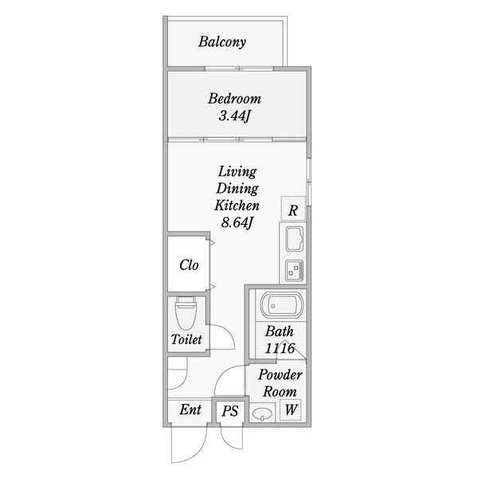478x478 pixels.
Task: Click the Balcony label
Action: coord(222,42)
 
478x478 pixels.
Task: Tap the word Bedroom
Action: coord(234,99)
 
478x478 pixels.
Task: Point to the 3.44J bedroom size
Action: coord(234,116)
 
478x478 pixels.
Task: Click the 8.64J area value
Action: coord(237,223)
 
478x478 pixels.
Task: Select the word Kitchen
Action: coord(237,206)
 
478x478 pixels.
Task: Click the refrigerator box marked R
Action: coord(293,209)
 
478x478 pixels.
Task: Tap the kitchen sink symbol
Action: coord(295,239)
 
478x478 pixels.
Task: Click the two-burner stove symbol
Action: coord(295,270)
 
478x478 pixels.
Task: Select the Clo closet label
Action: coord(189,265)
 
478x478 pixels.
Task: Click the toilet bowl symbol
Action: coord(186,312)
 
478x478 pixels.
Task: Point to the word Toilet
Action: coord(186,339)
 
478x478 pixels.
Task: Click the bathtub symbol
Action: coord(282,306)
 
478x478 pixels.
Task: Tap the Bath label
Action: coord(280,331)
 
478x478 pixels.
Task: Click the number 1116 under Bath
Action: coord(280,348)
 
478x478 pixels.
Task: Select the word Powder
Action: coord(280,375)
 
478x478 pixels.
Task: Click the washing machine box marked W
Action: coord(291,409)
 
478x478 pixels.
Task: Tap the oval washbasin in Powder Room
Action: coord(262,414)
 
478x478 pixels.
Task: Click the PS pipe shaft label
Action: coord(230,411)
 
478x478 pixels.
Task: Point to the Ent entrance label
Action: coord(190,409)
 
